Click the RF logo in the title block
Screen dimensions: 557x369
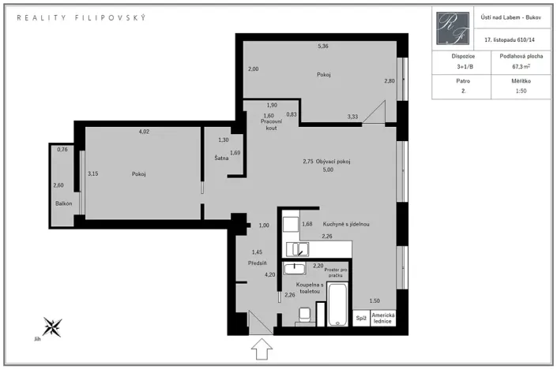[453, 28]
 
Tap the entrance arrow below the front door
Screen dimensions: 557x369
[262, 348]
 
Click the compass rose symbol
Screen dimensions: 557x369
[52, 327]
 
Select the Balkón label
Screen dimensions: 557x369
[63, 203]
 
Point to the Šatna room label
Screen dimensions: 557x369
[221, 158]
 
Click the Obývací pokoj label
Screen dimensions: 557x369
[333, 162]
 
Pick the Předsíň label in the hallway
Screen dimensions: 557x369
[258, 263]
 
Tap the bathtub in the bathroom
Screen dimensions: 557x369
[337, 304]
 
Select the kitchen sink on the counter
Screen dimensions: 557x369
[298, 249]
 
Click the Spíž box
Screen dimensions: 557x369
[361, 318]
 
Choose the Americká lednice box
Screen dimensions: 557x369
[383, 318]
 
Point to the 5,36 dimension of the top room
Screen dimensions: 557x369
[323, 46]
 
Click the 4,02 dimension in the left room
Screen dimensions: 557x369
[144, 132]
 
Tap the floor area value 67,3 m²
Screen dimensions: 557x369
[521, 66]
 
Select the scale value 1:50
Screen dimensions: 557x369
[521, 91]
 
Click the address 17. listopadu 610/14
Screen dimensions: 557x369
[510, 39]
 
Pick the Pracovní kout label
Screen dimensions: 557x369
[272, 125]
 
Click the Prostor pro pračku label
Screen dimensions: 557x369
[336, 272]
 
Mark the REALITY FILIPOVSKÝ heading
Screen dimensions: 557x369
[81, 17]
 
